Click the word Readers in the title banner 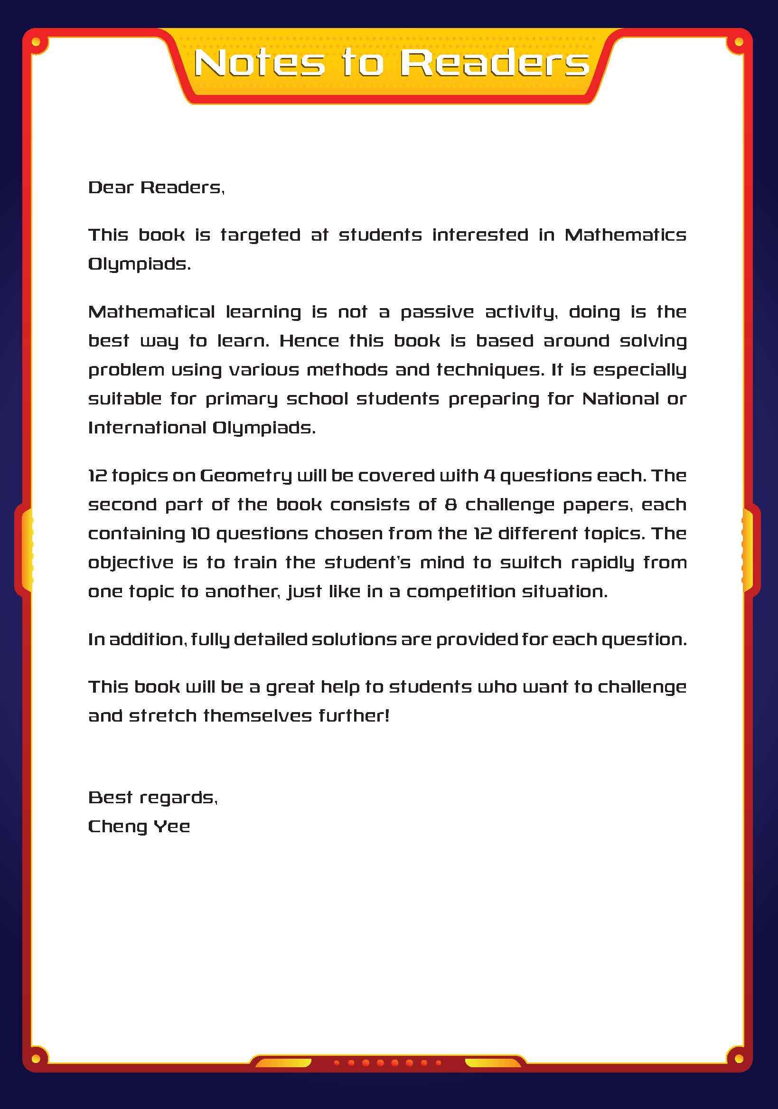tap(495, 63)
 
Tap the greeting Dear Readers tap(156, 188)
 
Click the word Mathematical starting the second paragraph tap(151, 312)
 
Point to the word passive tap(437, 312)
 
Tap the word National tap(620, 399)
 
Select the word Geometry tap(245, 476)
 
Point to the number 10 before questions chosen tap(199, 534)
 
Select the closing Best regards tap(152, 798)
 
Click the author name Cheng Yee tap(139, 827)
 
